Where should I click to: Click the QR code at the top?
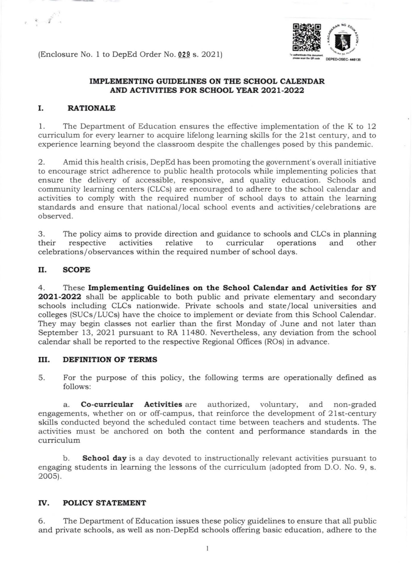click(306, 38)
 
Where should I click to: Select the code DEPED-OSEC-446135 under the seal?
click(343, 60)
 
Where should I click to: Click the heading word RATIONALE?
click(91, 108)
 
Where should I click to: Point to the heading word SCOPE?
click(76, 270)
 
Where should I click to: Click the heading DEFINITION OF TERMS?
click(110, 360)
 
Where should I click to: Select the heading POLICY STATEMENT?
click(104, 503)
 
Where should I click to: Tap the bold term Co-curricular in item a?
click(107, 404)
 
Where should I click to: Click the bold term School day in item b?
click(104, 458)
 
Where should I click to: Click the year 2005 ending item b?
click(48, 476)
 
